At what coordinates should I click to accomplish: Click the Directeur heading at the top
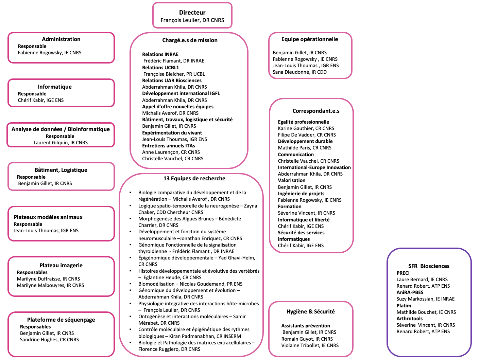pos(192,13)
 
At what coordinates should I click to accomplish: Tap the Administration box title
pos(61,39)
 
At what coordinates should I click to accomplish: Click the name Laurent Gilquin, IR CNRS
pos(61,143)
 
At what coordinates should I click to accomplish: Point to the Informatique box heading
pos(55,87)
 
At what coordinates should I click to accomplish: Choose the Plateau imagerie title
pos(61,265)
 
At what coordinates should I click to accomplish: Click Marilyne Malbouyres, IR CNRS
pos(50,285)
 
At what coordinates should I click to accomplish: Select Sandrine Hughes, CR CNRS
pos(49,340)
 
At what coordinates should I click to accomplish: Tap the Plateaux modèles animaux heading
pos(48,217)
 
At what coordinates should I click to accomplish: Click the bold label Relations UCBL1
pos(160,68)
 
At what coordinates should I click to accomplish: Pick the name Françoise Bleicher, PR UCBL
pos(174,74)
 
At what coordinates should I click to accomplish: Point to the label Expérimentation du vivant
pos(172,133)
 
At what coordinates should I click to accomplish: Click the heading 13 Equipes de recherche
pos(194,178)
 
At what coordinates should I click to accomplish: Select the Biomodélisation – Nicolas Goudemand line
pos(190,284)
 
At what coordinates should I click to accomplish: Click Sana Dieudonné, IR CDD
pos(299,72)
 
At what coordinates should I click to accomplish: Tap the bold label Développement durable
pos(305,141)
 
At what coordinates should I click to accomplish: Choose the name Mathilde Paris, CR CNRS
pos(304,148)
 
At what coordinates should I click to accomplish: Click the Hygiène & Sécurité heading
pos(310,311)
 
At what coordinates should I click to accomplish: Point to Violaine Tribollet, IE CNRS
pos(310,345)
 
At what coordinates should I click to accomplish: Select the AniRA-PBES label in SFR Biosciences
pos(410,292)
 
